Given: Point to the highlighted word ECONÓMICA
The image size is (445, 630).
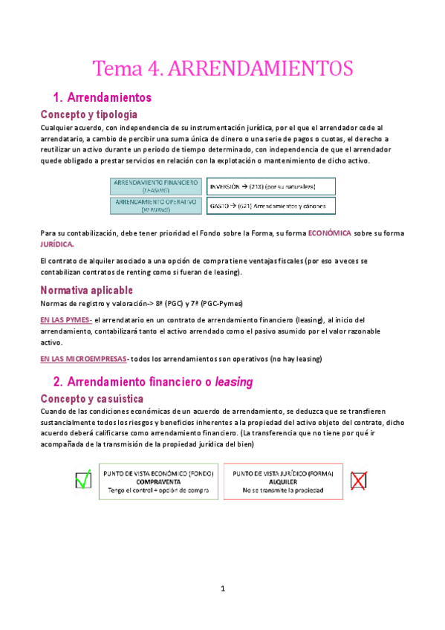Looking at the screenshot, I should tap(329, 233).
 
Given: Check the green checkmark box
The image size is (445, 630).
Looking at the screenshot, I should tap(83, 481).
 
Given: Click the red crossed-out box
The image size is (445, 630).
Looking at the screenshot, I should tap(359, 481).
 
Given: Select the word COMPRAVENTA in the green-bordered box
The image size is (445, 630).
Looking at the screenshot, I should tap(156, 481).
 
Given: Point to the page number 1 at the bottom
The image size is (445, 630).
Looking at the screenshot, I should tap(222, 588).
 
